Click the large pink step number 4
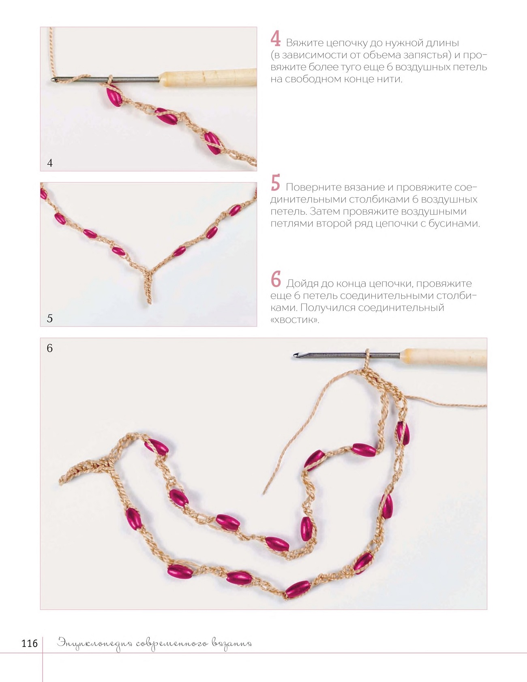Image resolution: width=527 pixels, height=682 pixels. [x=276, y=38]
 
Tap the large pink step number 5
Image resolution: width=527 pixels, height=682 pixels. [x=276, y=183]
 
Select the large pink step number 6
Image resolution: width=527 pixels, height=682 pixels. [x=276, y=279]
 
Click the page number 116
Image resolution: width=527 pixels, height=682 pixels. [x=30, y=644]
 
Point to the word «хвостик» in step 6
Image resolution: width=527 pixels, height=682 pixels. [x=295, y=320]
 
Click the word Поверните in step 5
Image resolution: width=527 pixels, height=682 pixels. [x=314, y=188]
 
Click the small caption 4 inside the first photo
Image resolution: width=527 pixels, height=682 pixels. [x=50, y=163]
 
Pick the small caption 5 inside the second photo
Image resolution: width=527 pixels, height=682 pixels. [x=50, y=318]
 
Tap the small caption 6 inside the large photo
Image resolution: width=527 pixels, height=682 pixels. [x=49, y=348]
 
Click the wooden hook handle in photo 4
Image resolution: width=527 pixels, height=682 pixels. [x=208, y=77]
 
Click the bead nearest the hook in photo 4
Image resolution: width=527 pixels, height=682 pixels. [x=114, y=96]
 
